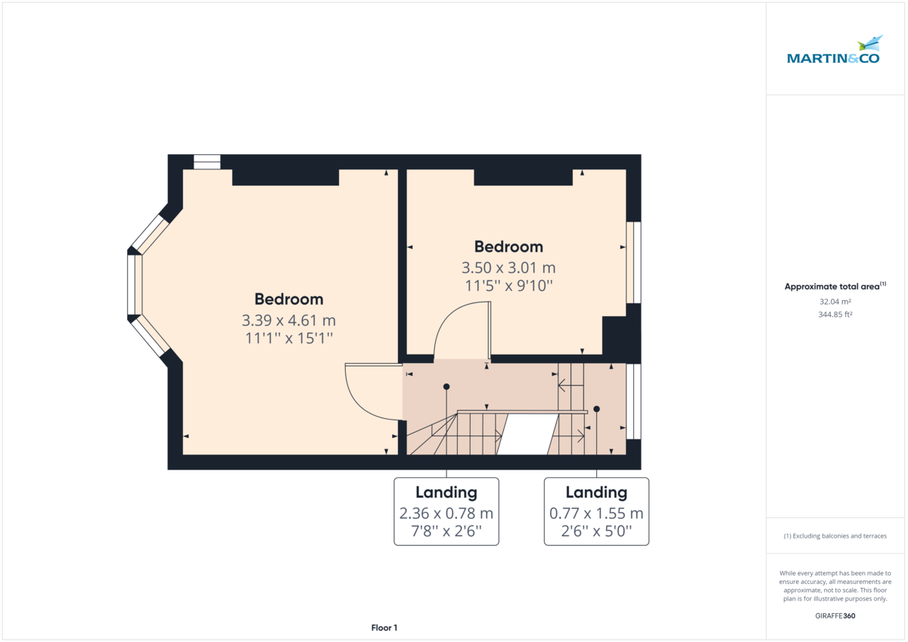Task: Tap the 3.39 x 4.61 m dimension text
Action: coord(288,321)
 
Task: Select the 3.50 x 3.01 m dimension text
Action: coord(508,268)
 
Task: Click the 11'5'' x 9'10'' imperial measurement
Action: coord(508,286)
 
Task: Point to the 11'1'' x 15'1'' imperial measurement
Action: coord(288,338)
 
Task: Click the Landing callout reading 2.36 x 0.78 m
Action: coord(446,511)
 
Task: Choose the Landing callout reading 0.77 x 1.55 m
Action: coord(596,511)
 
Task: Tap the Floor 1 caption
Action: coord(384,628)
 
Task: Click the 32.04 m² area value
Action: coord(835,302)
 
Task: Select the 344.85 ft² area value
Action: coord(835,315)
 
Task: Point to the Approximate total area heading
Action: coord(835,286)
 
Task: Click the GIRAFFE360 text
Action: coord(835,616)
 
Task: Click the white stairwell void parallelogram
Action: coord(527,434)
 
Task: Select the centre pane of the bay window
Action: coord(135,285)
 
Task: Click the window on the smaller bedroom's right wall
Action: coord(633,262)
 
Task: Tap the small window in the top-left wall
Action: coord(207,162)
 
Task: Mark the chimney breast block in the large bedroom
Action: coord(285,178)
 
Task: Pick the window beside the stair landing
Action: coord(633,402)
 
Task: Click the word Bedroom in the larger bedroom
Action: coord(288,299)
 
